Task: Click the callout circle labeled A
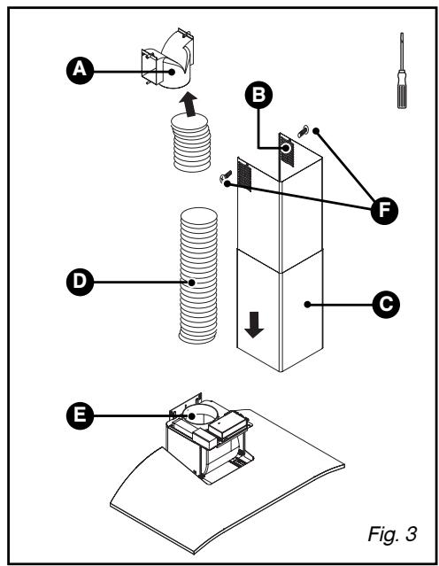point(80,70)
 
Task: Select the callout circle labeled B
point(258,96)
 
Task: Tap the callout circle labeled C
point(386,305)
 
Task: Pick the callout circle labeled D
point(80,282)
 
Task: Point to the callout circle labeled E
point(80,415)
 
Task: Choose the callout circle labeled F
point(384,211)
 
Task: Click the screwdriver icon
point(402,70)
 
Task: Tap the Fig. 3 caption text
point(392,533)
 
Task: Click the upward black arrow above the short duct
point(189,105)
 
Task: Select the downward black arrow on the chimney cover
point(254,324)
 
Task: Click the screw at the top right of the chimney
point(303,131)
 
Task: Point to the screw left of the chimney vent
point(225,176)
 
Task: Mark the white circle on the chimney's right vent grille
point(286,148)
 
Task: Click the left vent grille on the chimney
point(244,175)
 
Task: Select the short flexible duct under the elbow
point(190,143)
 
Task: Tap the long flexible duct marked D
point(198,275)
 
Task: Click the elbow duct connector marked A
point(167,59)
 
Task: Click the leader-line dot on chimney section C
point(307,305)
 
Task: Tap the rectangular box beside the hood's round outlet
point(230,424)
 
